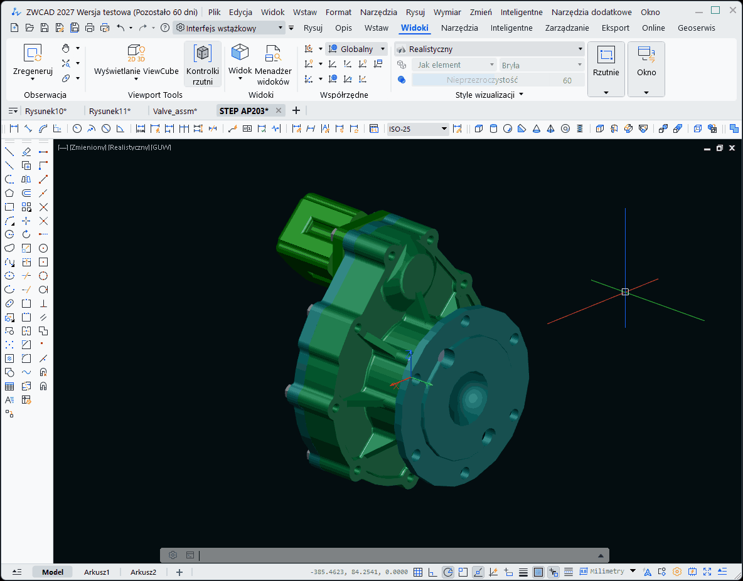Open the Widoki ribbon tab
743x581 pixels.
[414, 28]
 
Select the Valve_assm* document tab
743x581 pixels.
[174, 111]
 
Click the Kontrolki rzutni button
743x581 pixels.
[203, 65]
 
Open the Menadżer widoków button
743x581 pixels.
[273, 65]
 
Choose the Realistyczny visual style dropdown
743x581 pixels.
[489, 49]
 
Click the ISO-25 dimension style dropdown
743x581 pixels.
[417, 129]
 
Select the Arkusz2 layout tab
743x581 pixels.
[143, 572]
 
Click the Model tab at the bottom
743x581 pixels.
[53, 572]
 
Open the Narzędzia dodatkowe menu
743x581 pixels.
[591, 12]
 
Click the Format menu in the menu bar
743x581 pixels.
[338, 12]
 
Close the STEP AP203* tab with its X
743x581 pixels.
[279, 110]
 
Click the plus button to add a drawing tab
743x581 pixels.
[296, 110]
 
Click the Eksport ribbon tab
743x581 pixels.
[615, 28]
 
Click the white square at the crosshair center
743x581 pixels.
[625, 291]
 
